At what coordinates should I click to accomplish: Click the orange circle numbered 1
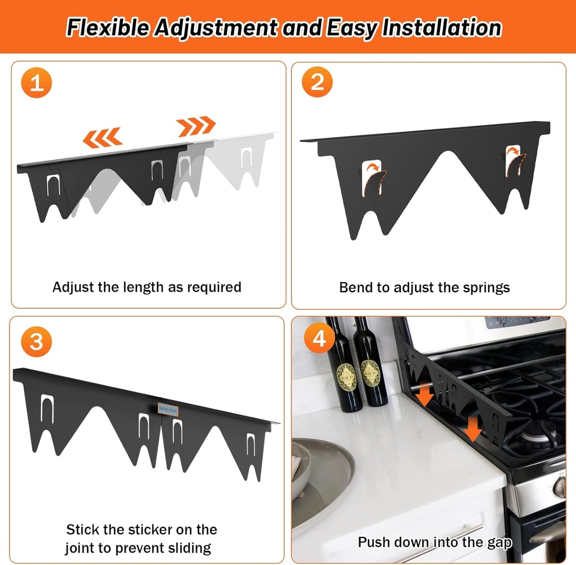37,84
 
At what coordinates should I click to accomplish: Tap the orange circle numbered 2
317,82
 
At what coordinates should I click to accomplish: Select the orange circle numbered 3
37,342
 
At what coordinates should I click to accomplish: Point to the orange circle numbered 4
319,339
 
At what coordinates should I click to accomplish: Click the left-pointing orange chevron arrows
103,136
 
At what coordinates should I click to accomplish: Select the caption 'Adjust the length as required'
147,287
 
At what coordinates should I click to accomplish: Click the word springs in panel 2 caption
485,288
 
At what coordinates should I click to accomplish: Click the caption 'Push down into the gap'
435,542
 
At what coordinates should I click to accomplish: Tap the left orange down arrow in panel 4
425,395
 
